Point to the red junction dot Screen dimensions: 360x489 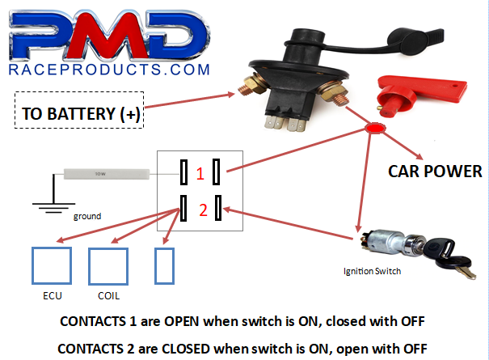[374, 129]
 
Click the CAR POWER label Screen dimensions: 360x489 [435, 171]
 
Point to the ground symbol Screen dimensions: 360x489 [51, 209]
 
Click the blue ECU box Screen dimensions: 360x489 [51, 264]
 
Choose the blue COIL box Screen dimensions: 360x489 [108, 264]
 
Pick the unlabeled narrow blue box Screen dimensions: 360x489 [164, 264]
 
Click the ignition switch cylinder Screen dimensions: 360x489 [385, 243]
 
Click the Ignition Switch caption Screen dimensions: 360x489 [371, 271]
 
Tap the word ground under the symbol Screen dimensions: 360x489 [87, 216]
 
